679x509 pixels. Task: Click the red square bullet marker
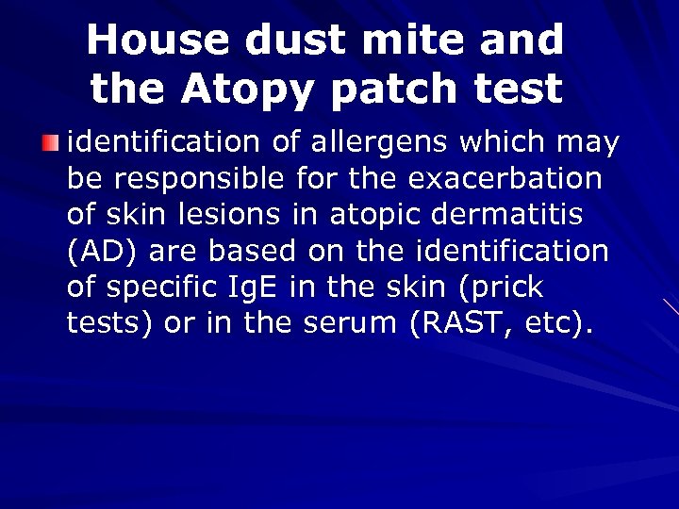coord(50,143)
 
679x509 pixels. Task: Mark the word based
coord(248,252)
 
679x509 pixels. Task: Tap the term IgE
coord(252,287)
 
